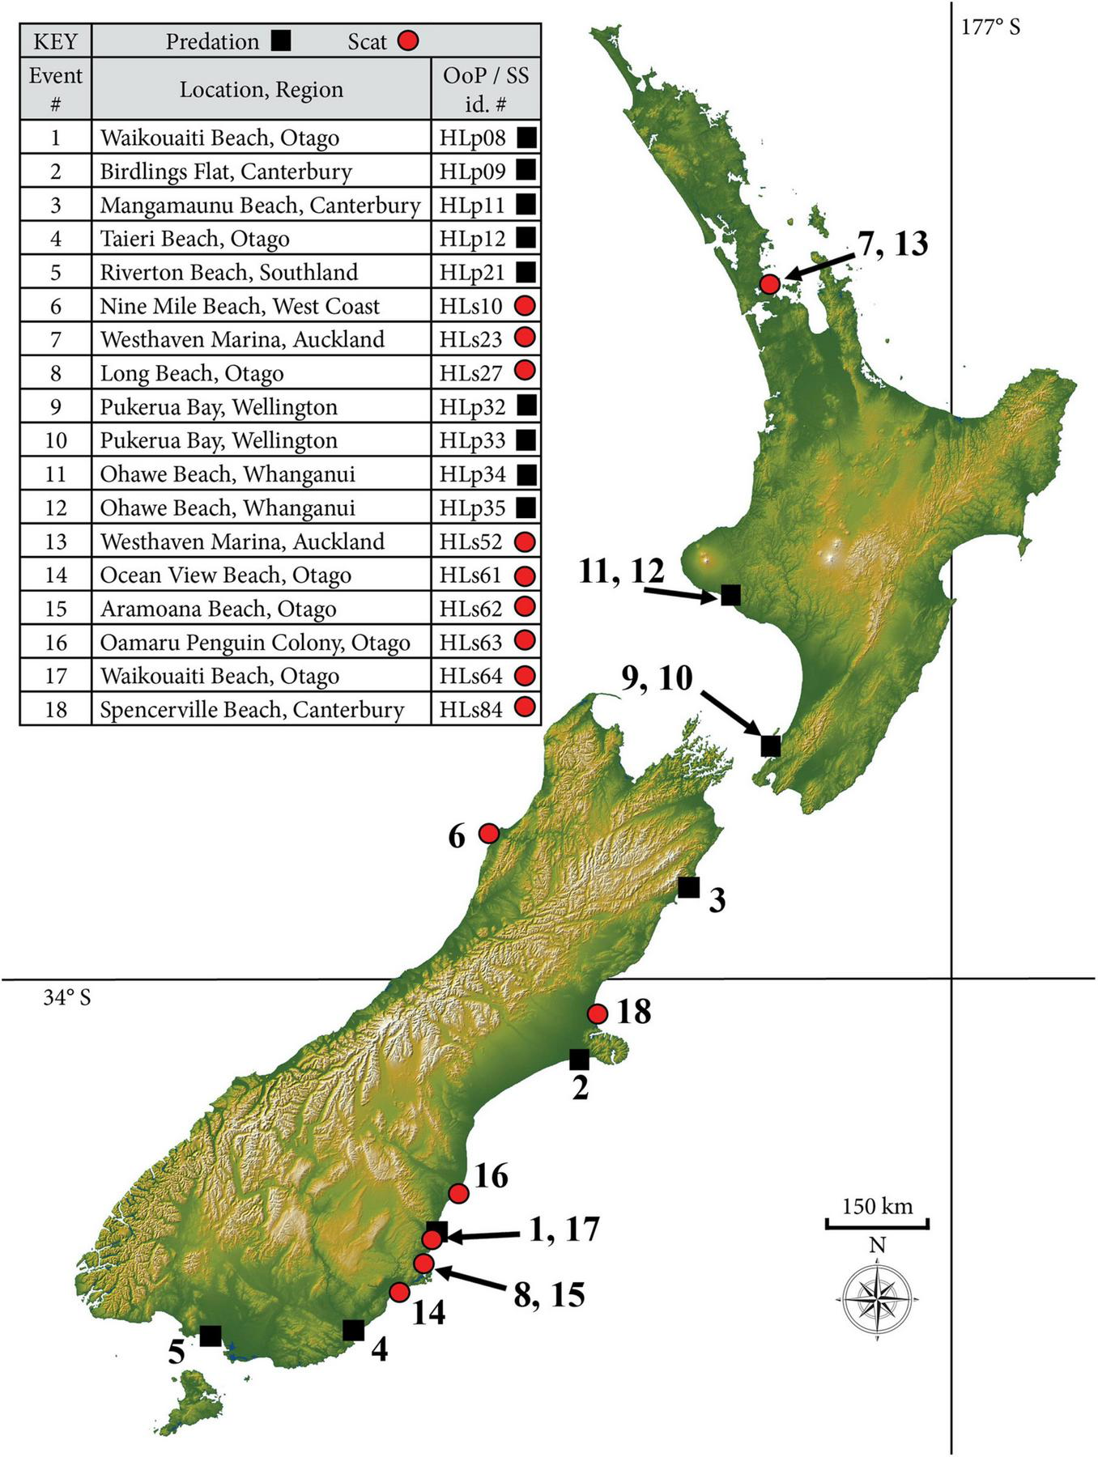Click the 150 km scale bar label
click(877, 1207)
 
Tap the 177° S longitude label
click(990, 28)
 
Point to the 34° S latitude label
click(67, 997)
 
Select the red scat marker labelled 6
click(489, 833)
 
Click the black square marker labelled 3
click(688, 887)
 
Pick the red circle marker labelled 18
click(598, 1013)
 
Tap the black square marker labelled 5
click(211, 1336)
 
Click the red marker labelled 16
click(458, 1193)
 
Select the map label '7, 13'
click(892, 244)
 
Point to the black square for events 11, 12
click(730, 595)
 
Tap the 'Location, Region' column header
click(261, 89)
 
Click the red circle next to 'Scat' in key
click(408, 41)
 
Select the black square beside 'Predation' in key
click(281, 41)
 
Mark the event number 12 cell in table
click(55, 508)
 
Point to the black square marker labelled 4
click(353, 1330)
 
